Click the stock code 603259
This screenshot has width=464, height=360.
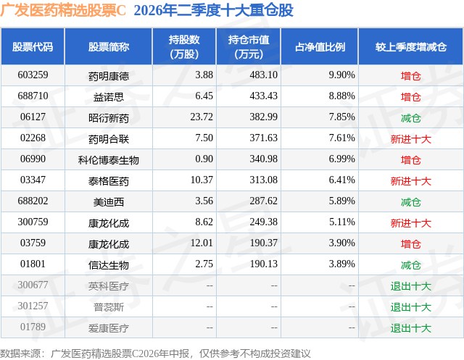(33, 75)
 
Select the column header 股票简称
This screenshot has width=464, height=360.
(109, 47)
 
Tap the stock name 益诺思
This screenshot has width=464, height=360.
(109, 97)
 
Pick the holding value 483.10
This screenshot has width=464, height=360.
(263, 75)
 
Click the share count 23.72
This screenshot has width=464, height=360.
(202, 117)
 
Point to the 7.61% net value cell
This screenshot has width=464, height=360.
(341, 138)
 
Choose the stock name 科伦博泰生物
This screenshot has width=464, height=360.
(109, 160)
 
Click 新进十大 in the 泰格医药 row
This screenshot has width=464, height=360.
(411, 181)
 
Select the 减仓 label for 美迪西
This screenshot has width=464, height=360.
(411, 202)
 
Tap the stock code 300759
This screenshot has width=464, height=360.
(33, 222)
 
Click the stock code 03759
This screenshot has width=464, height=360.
(33, 243)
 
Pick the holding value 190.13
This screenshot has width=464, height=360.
(263, 264)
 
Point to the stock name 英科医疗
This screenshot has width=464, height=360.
(109, 286)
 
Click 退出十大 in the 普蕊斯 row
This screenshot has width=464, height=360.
(411, 307)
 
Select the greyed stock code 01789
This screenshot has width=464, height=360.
(33, 327)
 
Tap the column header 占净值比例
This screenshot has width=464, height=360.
(320, 47)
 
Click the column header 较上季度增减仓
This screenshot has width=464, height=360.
(411, 47)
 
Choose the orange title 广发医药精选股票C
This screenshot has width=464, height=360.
(63, 10)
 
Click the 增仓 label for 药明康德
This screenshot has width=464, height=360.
(411, 76)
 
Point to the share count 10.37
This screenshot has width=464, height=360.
(202, 180)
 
